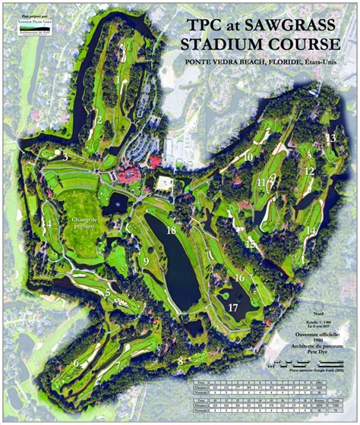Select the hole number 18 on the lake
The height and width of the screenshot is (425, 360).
(x=172, y=230)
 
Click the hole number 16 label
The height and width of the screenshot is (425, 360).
(x=239, y=279)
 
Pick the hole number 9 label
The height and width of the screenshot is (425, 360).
(x=144, y=262)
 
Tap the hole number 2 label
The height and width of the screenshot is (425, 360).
(x=99, y=118)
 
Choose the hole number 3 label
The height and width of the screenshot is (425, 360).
(x=66, y=156)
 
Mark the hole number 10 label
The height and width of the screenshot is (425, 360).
(x=248, y=156)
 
